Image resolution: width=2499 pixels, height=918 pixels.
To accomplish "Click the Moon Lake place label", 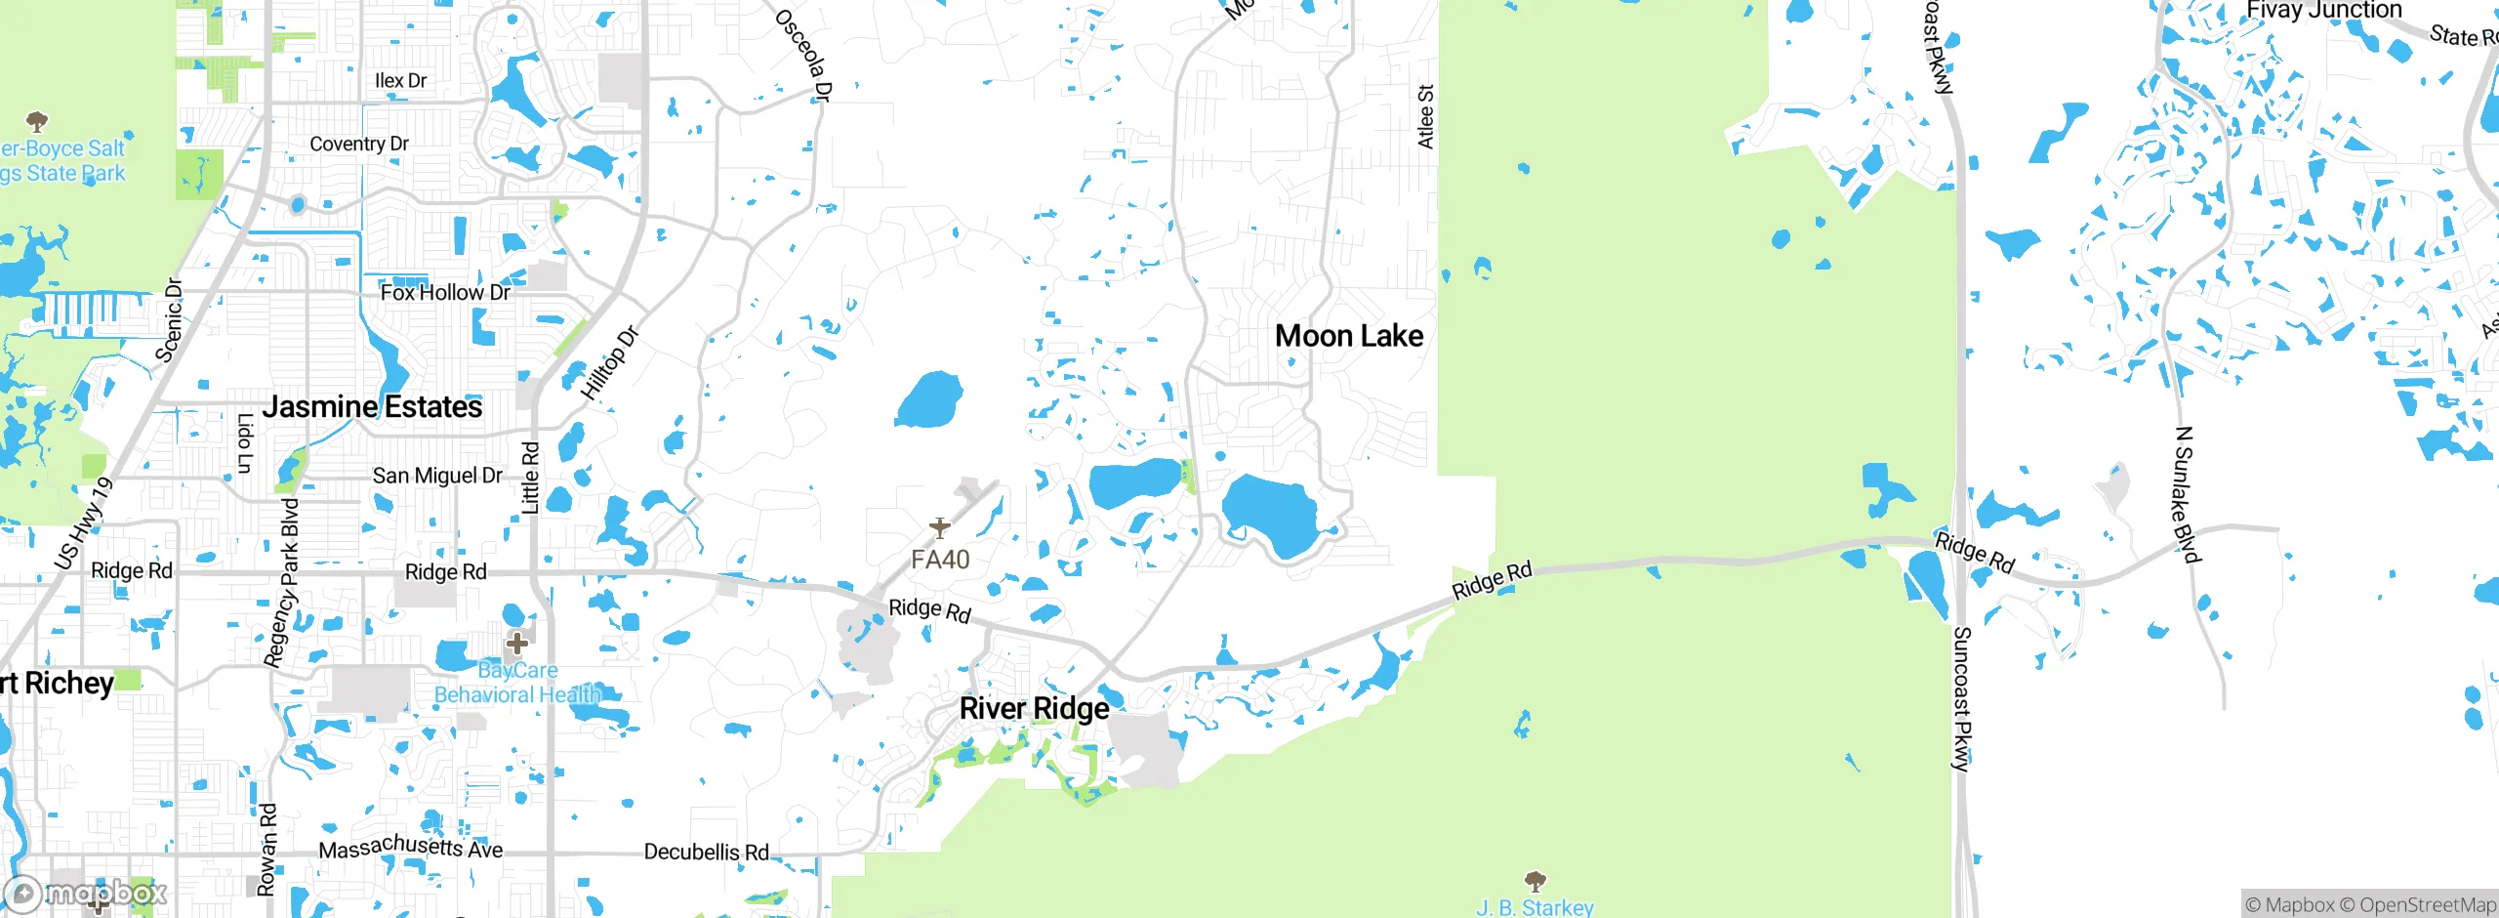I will (x=1349, y=336).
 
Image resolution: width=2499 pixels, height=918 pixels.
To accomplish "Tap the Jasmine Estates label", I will (x=372, y=406).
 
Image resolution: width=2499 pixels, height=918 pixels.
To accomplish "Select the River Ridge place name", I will (x=1034, y=708).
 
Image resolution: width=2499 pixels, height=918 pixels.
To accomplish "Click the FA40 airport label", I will (x=940, y=560).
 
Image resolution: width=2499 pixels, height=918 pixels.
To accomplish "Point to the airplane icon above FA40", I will (x=939, y=528).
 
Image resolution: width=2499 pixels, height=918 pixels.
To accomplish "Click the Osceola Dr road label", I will (x=804, y=55).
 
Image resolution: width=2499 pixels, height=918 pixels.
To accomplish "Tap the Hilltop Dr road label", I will (x=609, y=363).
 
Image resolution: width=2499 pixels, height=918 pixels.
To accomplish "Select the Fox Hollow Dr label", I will (x=445, y=292).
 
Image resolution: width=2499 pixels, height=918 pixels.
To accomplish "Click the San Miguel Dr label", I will (x=437, y=476).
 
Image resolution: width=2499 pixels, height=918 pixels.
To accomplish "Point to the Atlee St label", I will (x=1425, y=117).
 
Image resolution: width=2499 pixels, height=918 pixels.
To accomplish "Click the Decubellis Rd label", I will (x=706, y=852).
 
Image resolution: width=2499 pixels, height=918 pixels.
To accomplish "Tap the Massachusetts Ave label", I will (x=411, y=847).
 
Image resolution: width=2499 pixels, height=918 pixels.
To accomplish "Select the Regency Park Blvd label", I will (x=282, y=583).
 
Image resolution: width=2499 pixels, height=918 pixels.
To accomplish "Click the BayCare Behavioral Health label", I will (x=517, y=683).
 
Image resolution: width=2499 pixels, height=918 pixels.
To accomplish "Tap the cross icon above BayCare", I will (x=517, y=644).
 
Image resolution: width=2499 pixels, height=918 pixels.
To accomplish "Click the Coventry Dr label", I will (x=359, y=144).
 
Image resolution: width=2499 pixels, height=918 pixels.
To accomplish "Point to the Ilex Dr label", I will (x=400, y=80).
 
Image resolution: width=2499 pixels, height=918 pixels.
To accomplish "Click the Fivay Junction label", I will (x=2322, y=11).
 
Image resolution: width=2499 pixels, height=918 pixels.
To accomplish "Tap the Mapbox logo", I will (x=86, y=893).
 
